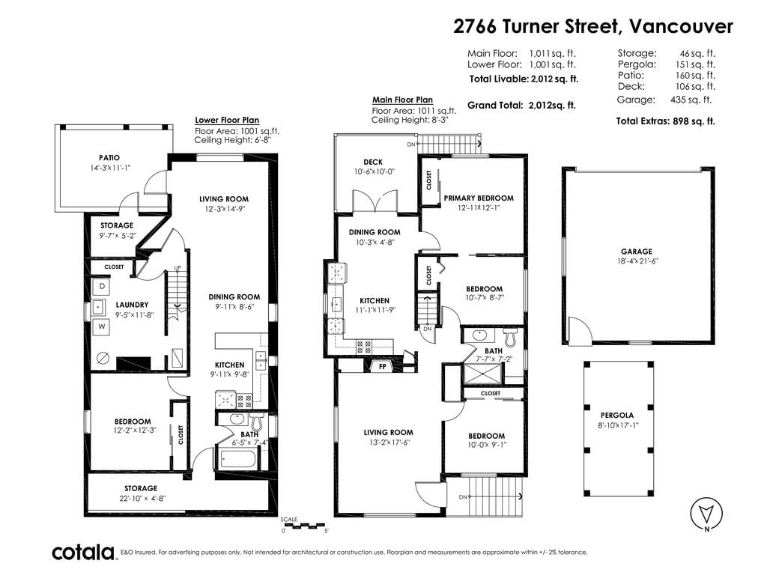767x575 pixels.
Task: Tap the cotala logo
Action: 83,553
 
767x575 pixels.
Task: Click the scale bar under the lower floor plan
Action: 305,526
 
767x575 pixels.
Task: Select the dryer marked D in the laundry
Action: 102,287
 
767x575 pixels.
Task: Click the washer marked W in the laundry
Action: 102,326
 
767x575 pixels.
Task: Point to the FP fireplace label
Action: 383,366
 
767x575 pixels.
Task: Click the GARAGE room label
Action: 637,252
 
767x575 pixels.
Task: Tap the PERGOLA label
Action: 617,415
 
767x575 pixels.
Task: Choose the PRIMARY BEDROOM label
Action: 479,198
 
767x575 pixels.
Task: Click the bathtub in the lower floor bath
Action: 238,460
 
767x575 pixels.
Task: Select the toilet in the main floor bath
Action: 510,335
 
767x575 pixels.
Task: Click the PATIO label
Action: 109,158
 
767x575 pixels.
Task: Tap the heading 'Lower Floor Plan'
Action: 227,120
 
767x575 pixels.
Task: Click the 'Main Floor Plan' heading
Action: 402,100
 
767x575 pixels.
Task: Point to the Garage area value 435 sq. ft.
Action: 691,100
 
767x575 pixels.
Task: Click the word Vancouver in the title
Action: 681,26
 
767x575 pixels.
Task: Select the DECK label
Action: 373,162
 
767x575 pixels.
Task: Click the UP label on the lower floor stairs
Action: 178,267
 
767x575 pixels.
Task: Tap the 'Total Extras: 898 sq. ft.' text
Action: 665,121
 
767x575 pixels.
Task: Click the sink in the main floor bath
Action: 479,335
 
